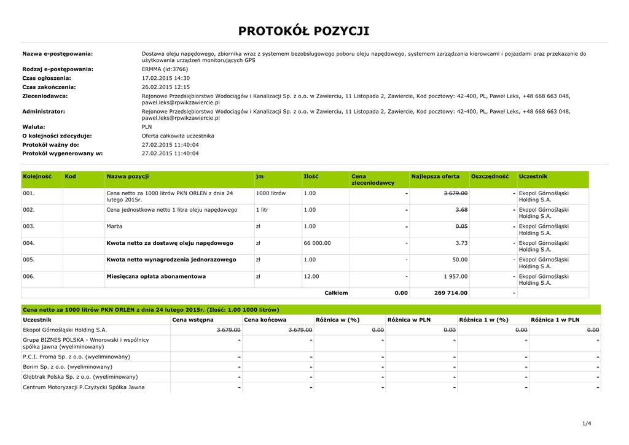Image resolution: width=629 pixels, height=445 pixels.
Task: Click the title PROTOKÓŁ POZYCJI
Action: [304, 31]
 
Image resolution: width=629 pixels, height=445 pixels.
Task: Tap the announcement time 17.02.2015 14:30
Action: [166, 79]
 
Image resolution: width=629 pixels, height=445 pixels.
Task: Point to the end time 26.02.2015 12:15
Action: [166, 87]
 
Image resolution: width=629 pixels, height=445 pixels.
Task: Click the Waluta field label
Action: [34, 127]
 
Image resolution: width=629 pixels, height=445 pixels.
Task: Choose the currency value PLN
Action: [147, 127]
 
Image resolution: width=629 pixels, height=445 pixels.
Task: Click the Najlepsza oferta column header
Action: [436, 177]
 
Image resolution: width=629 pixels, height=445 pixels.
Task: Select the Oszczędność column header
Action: [490, 177]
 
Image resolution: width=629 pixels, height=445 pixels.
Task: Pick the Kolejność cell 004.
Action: [29, 243]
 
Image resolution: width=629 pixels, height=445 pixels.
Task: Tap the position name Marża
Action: [114, 226]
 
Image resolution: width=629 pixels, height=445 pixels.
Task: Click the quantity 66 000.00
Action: [317, 243]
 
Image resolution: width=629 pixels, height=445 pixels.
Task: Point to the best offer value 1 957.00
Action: [453, 276]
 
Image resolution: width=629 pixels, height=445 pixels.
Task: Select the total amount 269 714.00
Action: [450, 293]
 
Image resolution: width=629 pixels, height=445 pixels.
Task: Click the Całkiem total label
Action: [336, 293]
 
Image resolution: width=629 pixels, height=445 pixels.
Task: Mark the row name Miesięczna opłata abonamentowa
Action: [156, 276]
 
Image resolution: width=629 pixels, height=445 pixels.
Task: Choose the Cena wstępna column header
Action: [193, 320]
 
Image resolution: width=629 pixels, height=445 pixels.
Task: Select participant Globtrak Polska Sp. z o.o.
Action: [80, 377]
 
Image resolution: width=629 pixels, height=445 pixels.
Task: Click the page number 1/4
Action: [586, 424]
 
